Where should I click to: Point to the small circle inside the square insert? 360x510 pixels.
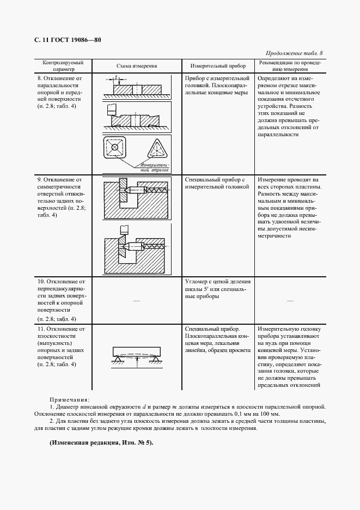[114, 148]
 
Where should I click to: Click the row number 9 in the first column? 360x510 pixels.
[39, 179]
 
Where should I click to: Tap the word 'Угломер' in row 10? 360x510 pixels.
[197, 282]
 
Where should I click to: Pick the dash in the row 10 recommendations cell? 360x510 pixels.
[290, 300]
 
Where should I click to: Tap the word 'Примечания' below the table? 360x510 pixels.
[70, 400]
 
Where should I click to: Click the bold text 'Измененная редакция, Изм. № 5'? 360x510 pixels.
[101, 442]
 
